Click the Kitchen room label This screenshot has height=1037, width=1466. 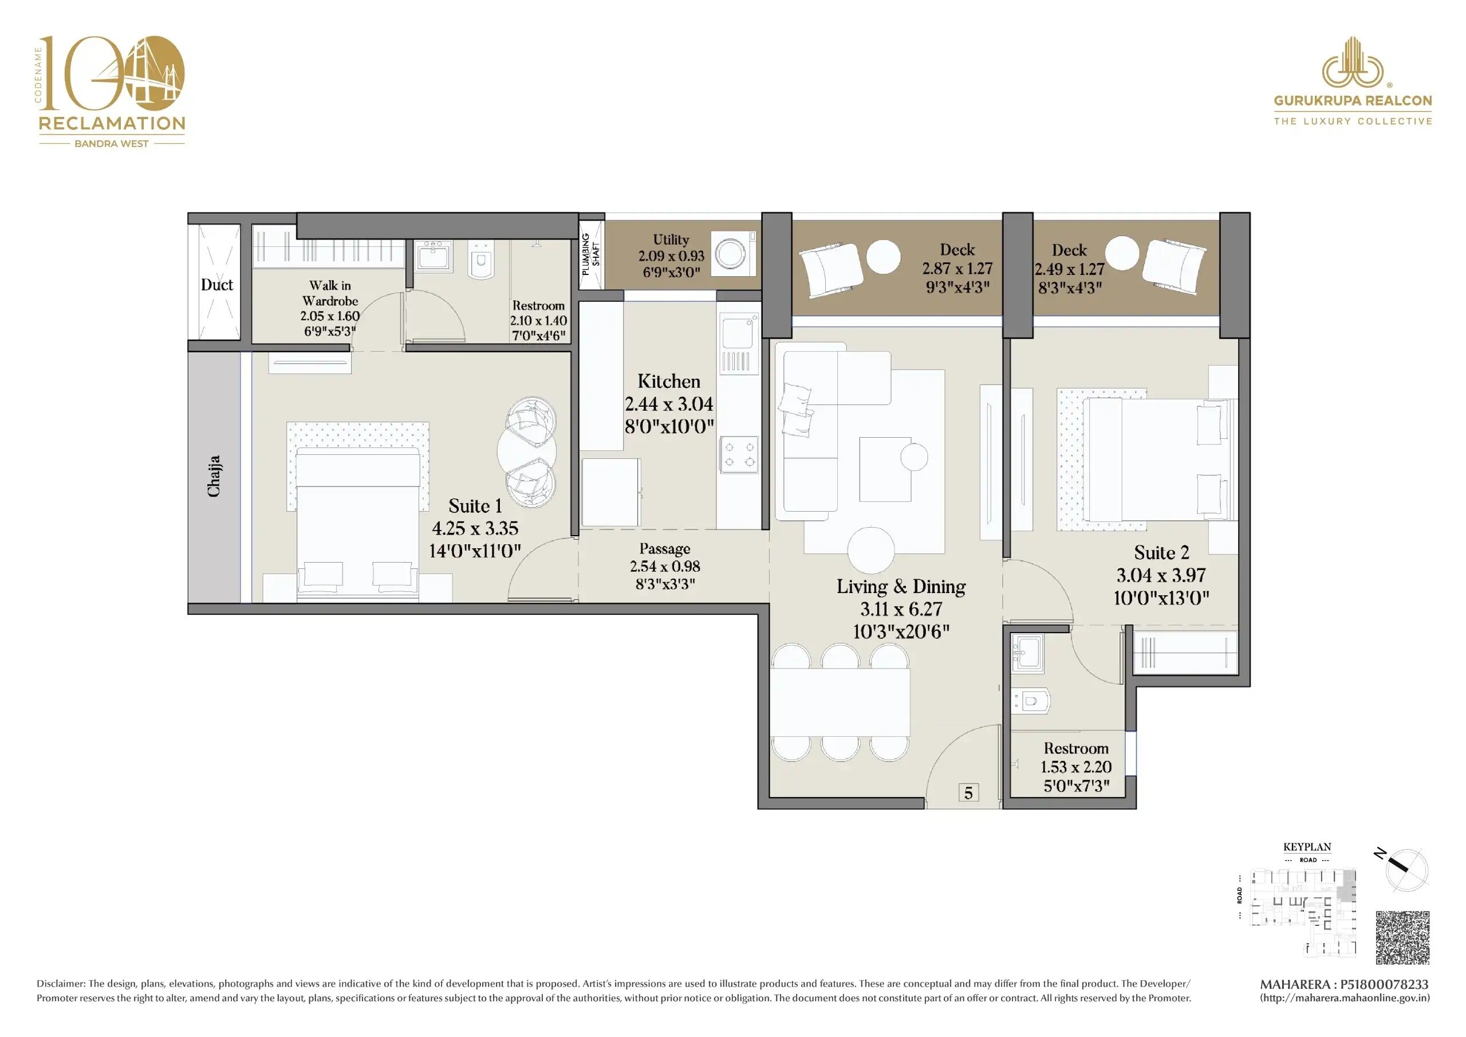coord(668,382)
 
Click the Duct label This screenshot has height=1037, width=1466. coord(216,285)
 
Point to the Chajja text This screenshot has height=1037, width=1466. coord(214,476)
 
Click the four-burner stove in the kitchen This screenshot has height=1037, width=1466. coord(739,454)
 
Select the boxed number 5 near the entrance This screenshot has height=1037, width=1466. coord(968,793)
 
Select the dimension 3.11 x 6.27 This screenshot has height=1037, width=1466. coord(901,609)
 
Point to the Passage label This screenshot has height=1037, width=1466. coord(664,549)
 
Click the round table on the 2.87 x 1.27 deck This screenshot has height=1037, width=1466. coord(884,257)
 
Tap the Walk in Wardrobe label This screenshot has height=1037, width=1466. coord(329,293)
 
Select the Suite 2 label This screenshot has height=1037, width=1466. coord(1161,553)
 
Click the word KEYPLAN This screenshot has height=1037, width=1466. coord(1307,847)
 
